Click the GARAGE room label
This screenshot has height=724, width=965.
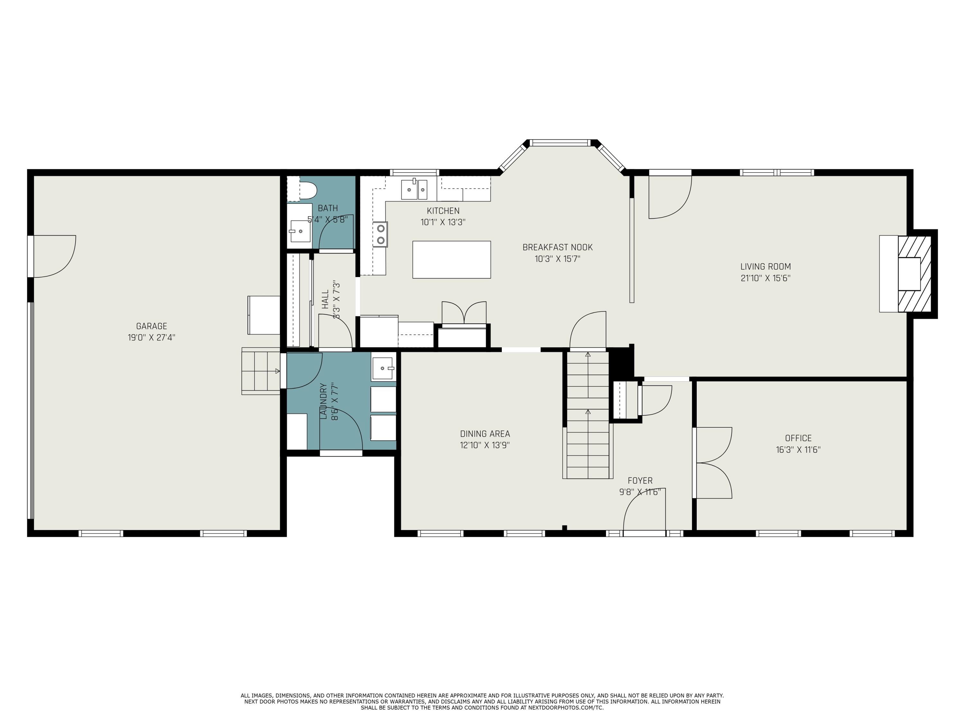(152, 326)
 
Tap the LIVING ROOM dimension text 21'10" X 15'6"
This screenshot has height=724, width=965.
(765, 278)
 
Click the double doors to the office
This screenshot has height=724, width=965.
(713, 463)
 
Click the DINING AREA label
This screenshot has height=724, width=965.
(485, 433)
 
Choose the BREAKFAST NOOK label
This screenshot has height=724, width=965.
(557, 247)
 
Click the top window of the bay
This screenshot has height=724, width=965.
(560, 143)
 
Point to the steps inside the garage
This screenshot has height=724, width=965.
(261, 371)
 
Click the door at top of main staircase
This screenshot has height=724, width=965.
(588, 330)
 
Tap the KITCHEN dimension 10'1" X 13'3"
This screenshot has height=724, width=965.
(443, 222)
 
